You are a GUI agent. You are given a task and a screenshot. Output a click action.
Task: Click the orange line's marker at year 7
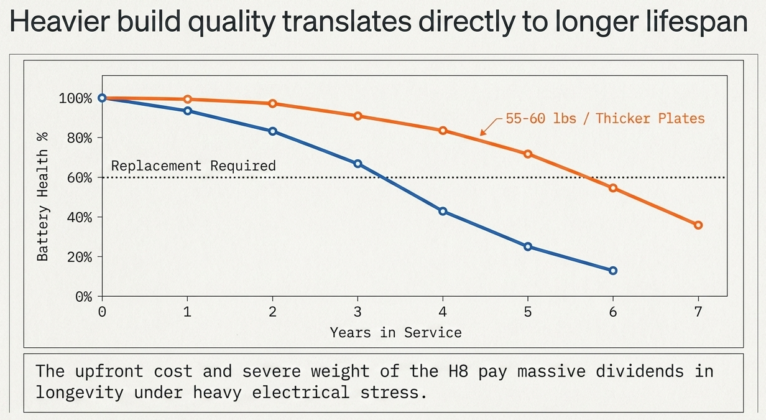click(698, 225)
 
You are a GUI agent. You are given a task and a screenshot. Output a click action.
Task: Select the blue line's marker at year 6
click(613, 271)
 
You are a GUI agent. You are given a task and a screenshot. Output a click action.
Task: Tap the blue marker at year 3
click(358, 164)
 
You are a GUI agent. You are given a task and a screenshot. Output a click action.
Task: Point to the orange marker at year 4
click(443, 131)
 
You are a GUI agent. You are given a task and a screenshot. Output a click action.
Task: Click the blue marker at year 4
click(443, 212)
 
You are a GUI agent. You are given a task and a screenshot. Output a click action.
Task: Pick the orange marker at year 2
click(272, 103)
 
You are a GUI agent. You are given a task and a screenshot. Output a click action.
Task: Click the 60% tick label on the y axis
click(75, 177)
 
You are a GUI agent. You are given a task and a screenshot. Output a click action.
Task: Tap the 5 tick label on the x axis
click(528, 312)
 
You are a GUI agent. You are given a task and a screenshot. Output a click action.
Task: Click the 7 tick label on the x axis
click(698, 312)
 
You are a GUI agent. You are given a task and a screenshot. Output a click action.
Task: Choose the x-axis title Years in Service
click(395, 332)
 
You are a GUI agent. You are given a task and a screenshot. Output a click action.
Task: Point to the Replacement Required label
click(193, 166)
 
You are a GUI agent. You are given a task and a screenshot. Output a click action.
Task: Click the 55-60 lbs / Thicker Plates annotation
click(606, 118)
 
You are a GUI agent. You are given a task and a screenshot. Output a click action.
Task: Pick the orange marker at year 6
click(613, 188)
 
